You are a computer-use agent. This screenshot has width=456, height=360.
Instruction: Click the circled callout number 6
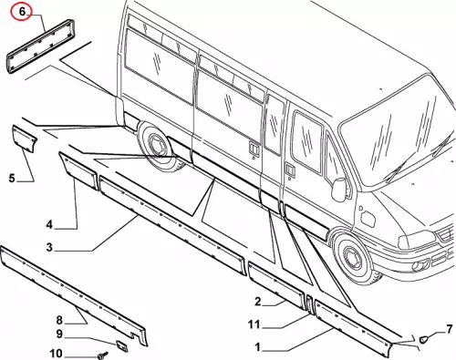(22, 12)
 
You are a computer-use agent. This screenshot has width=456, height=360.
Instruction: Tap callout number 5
(12, 178)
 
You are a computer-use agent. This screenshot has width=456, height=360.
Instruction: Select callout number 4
(49, 225)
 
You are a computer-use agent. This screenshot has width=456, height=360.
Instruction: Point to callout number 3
(49, 247)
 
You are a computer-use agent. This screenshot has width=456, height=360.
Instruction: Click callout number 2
(257, 302)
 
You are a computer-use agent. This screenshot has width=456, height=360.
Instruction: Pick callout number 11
(254, 324)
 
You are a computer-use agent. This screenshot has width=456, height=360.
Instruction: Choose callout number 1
(257, 347)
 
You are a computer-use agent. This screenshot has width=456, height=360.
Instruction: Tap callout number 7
(450, 329)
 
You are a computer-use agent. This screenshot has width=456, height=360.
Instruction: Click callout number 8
(59, 320)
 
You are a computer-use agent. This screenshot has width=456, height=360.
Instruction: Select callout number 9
(59, 334)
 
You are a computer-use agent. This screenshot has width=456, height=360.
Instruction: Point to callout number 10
(56, 354)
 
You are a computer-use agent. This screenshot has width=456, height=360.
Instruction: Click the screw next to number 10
(103, 355)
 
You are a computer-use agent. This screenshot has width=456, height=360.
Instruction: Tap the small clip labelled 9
(122, 345)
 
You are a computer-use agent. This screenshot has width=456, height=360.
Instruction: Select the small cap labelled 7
(423, 339)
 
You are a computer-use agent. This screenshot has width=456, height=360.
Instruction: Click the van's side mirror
(339, 190)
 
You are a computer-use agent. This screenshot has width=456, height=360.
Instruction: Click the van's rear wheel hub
(156, 147)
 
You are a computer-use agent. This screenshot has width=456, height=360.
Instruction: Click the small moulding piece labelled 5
(25, 139)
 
